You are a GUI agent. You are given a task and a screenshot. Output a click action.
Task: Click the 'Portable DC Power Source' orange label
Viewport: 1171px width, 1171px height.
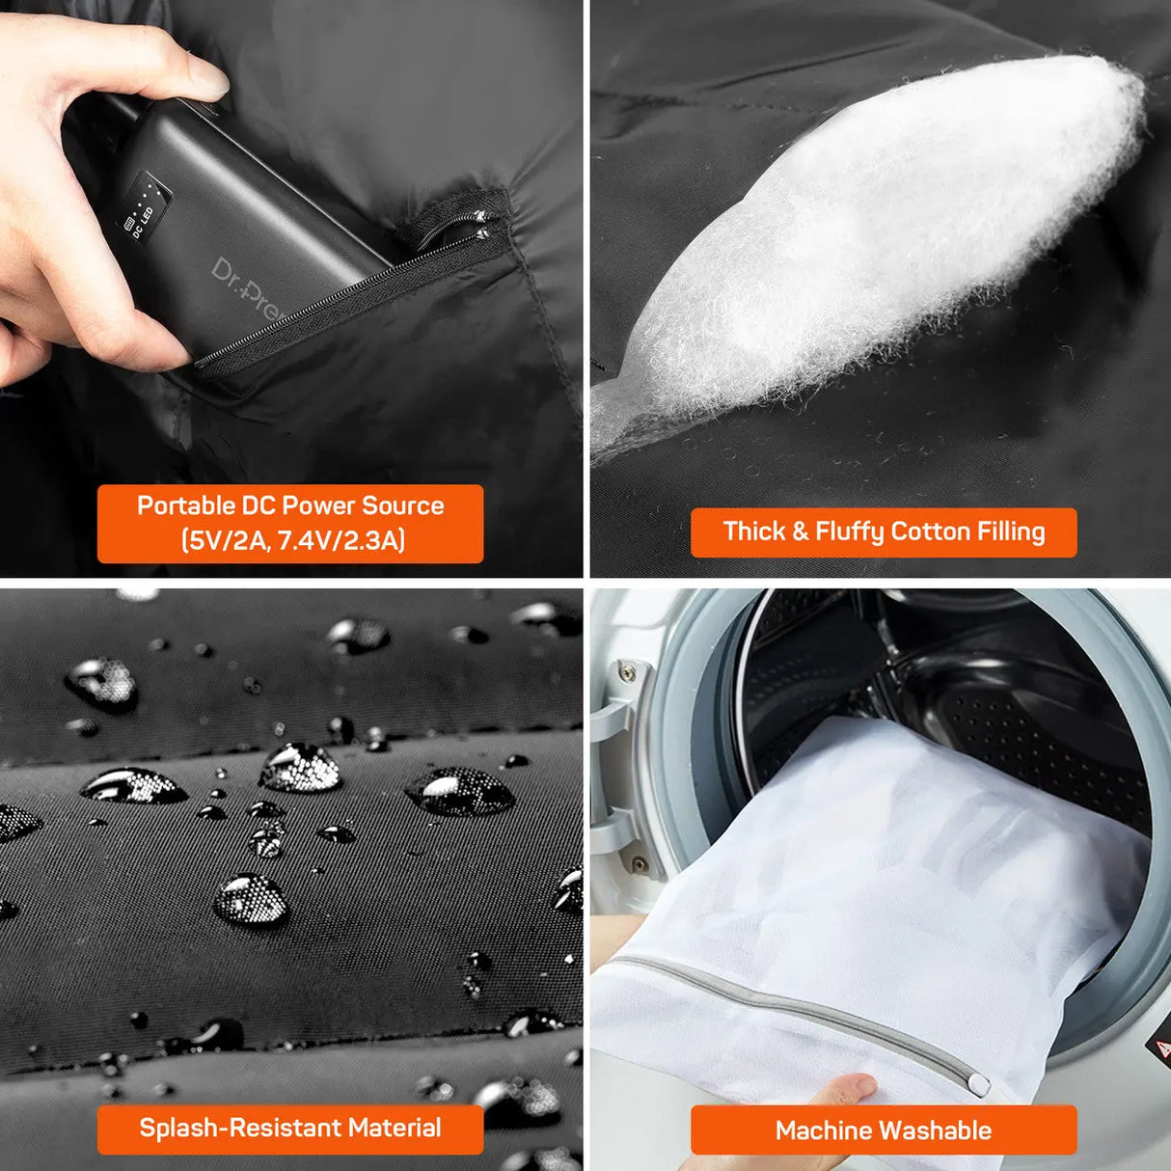pyautogui.click(x=289, y=523)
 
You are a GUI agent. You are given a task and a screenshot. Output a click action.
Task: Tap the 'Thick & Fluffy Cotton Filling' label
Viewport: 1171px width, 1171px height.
pyautogui.click(x=884, y=531)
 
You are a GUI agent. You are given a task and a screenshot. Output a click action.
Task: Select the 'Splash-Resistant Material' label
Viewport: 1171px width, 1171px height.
pyautogui.click(x=289, y=1128)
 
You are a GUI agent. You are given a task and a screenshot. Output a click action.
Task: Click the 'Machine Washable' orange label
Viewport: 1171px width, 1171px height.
pyautogui.click(x=884, y=1130)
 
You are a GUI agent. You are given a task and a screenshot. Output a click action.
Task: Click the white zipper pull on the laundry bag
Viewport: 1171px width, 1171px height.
pyautogui.click(x=978, y=1085)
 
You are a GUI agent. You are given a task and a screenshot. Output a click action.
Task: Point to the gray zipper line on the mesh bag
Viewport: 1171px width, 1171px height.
pyautogui.click(x=791, y=1008)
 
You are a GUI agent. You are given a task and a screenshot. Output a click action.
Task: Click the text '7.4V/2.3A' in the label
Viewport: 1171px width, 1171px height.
pyautogui.click(x=340, y=540)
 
